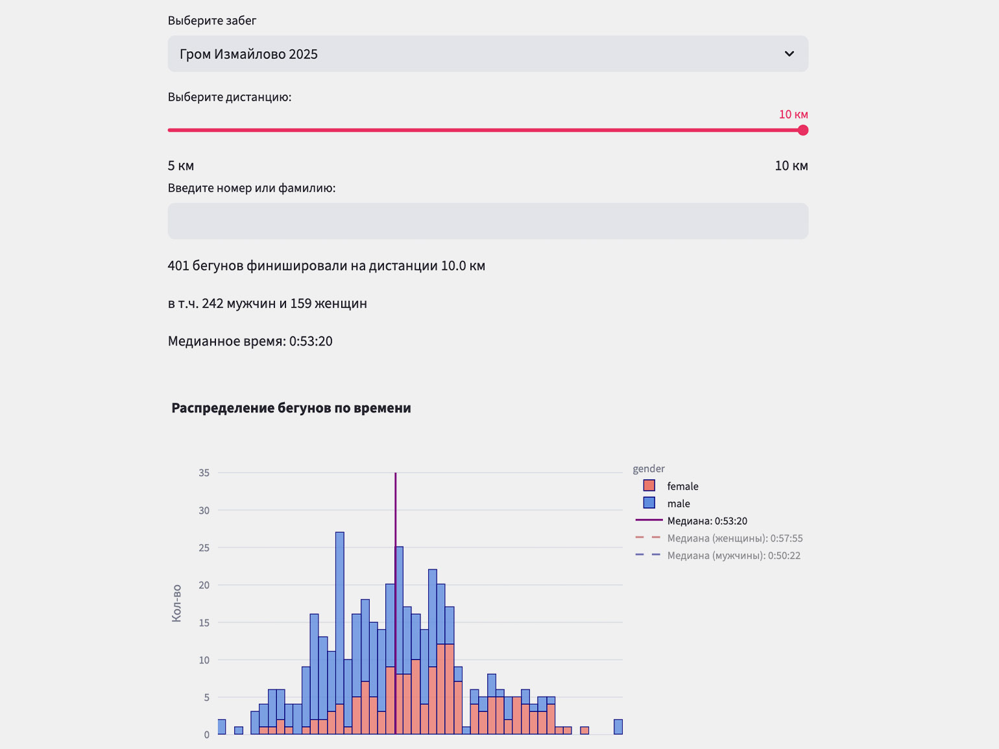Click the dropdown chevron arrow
[789, 54]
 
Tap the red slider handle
[803, 130]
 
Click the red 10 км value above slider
[793, 115]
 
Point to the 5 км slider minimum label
[181, 166]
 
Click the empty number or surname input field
[488, 221]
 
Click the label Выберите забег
[212, 21]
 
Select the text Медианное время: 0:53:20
[250, 341]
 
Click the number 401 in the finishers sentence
[178, 266]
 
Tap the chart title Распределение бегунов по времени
[291, 408]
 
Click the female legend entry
[682, 486]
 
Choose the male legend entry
[679, 504]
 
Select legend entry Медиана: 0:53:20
[707, 521]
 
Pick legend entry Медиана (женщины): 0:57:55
[734, 538]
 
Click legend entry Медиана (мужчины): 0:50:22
[734, 556]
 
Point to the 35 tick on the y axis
[204, 473]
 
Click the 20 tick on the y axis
[204, 586]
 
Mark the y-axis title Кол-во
[176, 604]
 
